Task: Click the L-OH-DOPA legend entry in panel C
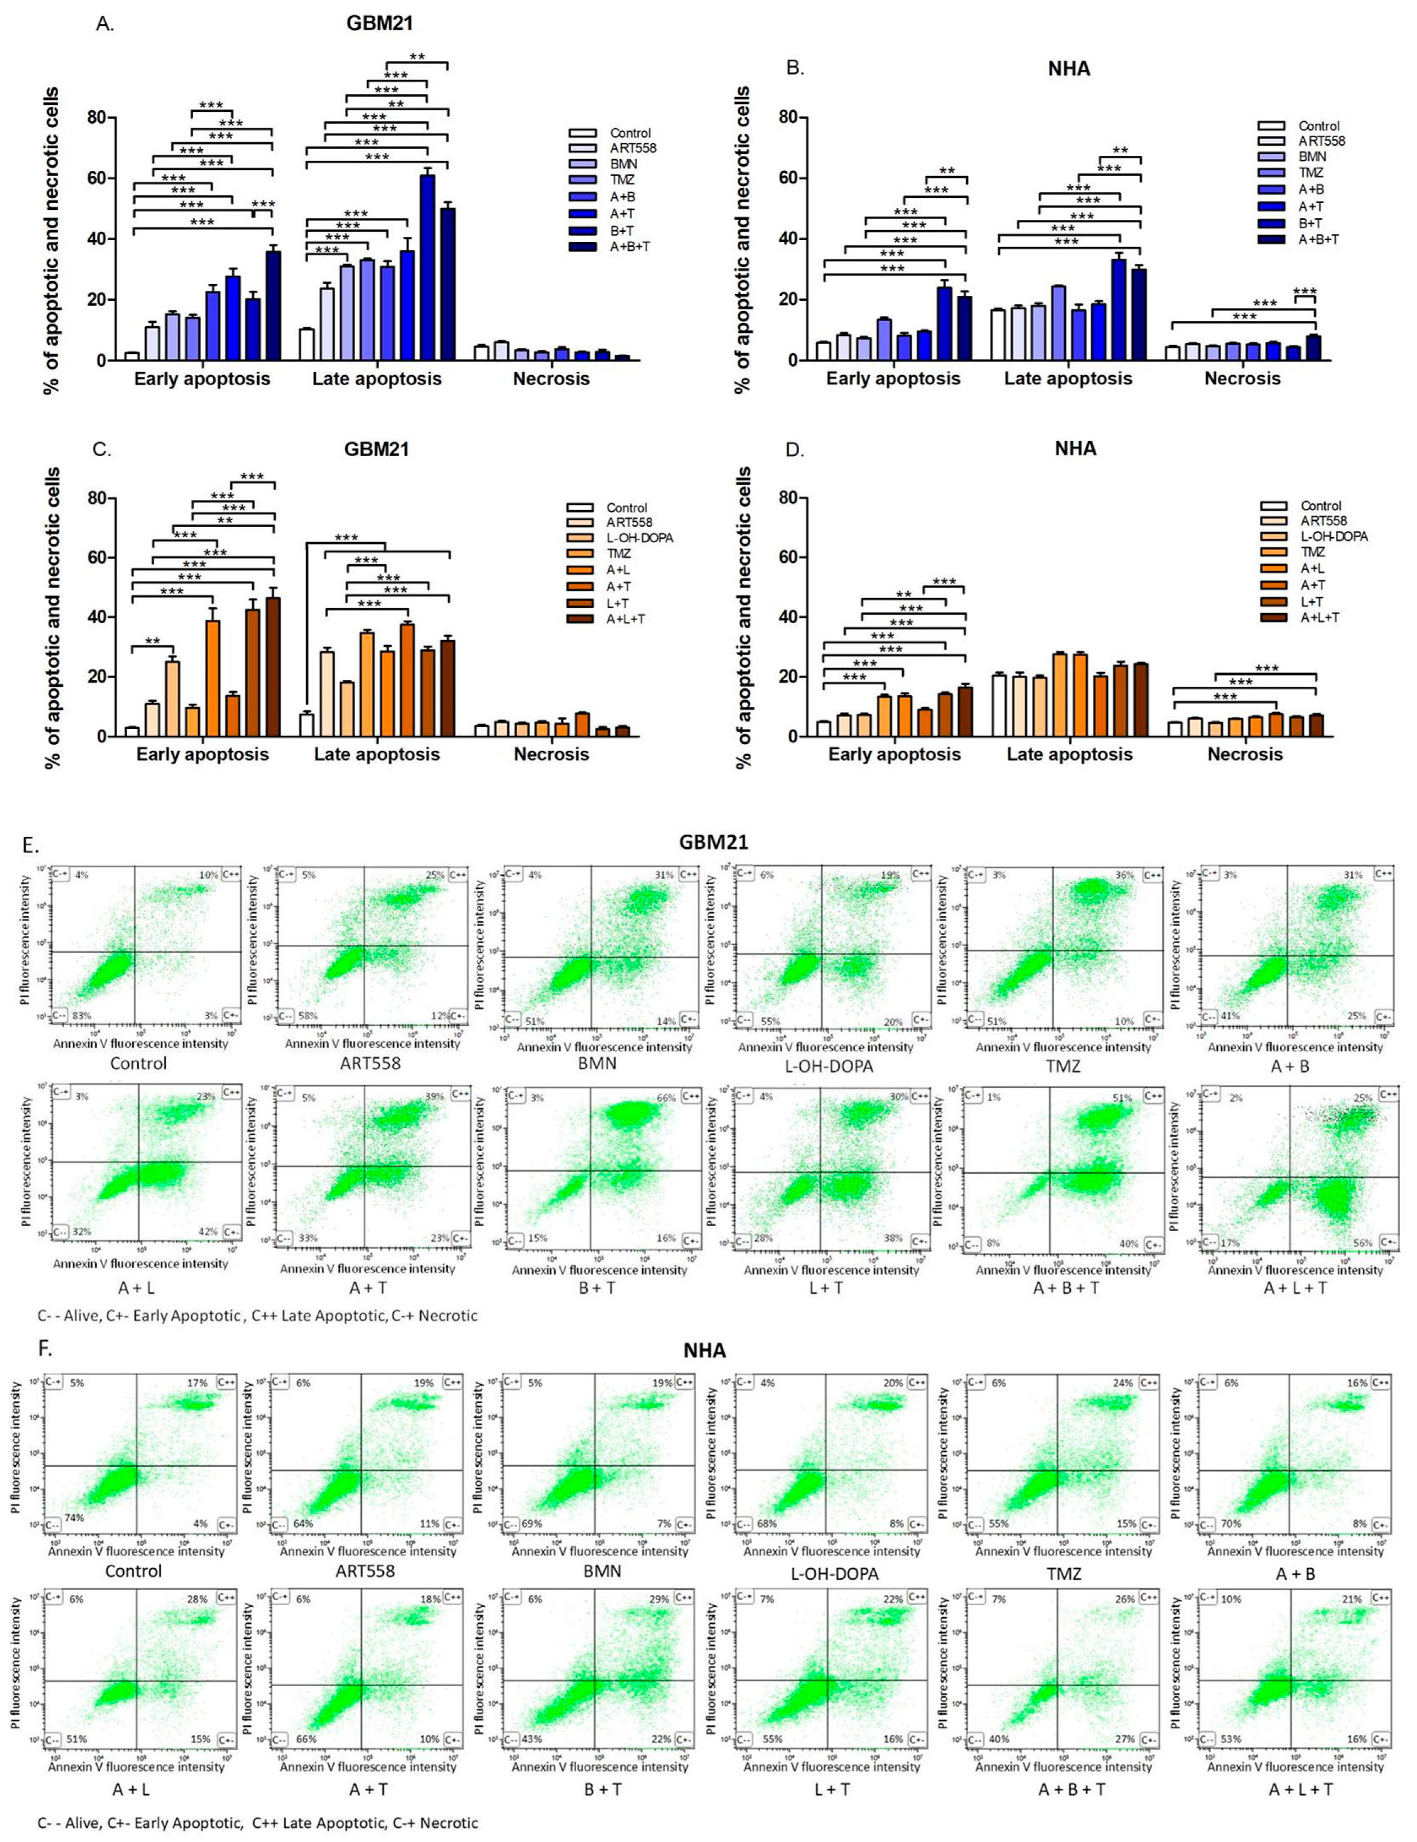coord(639,538)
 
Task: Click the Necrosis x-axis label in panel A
coord(551,379)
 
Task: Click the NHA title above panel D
coord(1075,448)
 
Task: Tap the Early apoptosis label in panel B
coord(893,379)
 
